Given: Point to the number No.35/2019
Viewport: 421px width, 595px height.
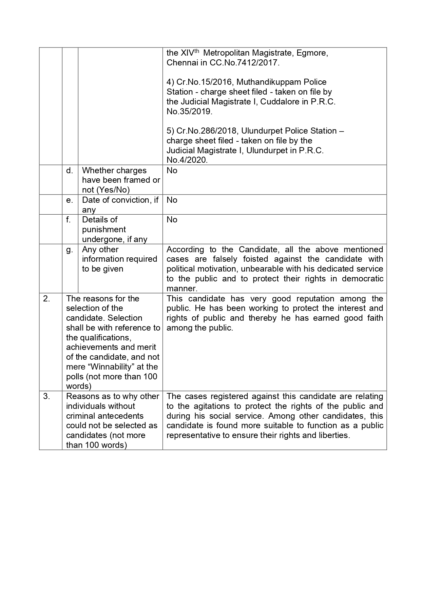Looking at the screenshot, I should [189, 112].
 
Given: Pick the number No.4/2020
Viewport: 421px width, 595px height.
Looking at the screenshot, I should [187, 160].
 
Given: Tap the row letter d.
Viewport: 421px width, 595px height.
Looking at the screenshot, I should [70, 171].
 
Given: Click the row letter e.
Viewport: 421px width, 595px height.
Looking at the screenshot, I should [70, 200].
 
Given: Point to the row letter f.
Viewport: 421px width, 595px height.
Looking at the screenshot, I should [69, 220].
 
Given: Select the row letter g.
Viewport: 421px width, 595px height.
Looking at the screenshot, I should [70, 250].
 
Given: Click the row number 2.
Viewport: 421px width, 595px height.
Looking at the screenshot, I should [46, 299].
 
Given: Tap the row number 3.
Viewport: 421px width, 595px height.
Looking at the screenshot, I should [46, 396].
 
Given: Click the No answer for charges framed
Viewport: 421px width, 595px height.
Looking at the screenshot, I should [172, 171].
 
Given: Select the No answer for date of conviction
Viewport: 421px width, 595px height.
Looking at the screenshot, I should [172, 200].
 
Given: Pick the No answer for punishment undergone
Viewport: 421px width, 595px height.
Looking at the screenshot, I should [172, 220].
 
